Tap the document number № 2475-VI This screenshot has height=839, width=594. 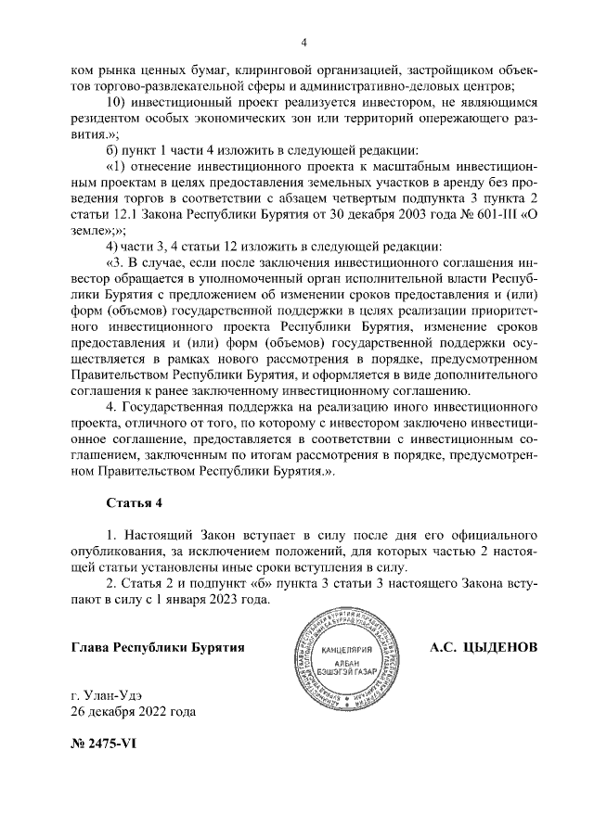(104, 743)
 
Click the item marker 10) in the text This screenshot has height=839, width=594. (118, 101)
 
